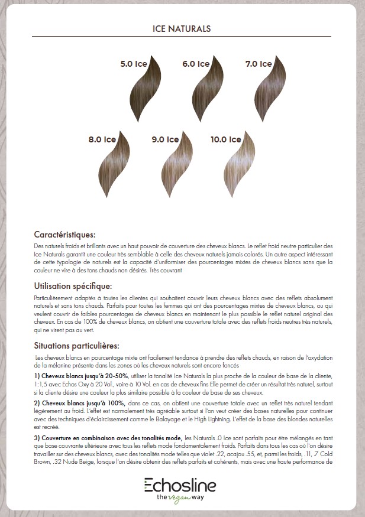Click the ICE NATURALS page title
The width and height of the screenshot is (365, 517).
tap(182, 28)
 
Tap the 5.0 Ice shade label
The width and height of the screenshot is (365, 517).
tap(133, 64)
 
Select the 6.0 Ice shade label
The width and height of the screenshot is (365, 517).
tap(196, 64)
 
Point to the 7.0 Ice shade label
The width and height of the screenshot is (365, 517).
tap(258, 64)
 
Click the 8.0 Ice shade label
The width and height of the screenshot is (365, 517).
tap(102, 140)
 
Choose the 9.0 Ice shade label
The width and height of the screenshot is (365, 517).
tap(165, 140)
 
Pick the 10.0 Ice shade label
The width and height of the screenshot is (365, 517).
tap(226, 140)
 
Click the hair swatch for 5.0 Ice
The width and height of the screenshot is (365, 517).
tap(144, 89)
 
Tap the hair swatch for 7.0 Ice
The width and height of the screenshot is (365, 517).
tap(269, 89)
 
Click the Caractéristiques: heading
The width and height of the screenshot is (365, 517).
tap(64, 235)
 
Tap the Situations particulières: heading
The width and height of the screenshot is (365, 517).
tap(77, 346)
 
